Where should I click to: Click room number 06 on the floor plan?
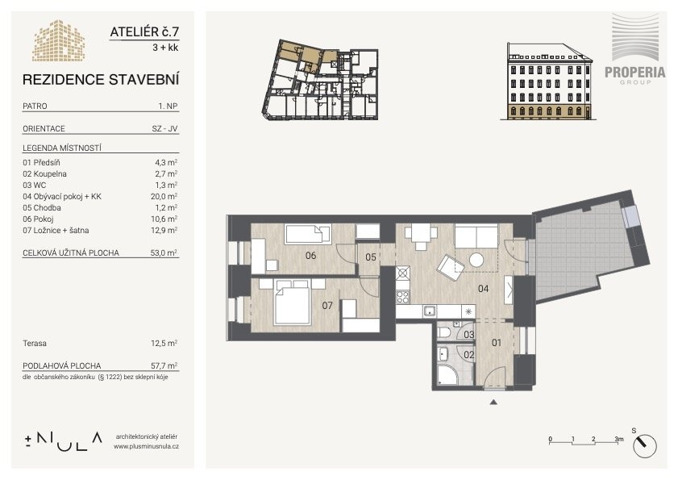[x=310, y=256]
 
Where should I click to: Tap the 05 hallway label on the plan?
[x=371, y=257]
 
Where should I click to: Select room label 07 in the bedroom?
[x=327, y=306]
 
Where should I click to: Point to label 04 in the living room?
[x=483, y=288]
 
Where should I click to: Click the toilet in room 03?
[x=444, y=332]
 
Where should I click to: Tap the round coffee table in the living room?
[x=476, y=260]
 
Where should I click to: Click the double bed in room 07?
[x=293, y=302]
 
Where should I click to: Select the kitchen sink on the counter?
[x=430, y=311]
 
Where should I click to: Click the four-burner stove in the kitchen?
[x=402, y=297]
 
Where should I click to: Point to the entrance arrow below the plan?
[x=493, y=402]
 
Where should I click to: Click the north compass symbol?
[x=644, y=445]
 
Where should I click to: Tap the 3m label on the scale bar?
[x=619, y=439]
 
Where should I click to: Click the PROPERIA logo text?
[x=634, y=73]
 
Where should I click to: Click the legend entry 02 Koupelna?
[x=44, y=174]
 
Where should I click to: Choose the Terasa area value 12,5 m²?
[x=164, y=343]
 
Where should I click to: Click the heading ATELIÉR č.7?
[x=144, y=32]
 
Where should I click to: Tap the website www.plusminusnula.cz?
[x=146, y=446]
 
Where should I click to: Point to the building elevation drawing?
[x=547, y=81]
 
